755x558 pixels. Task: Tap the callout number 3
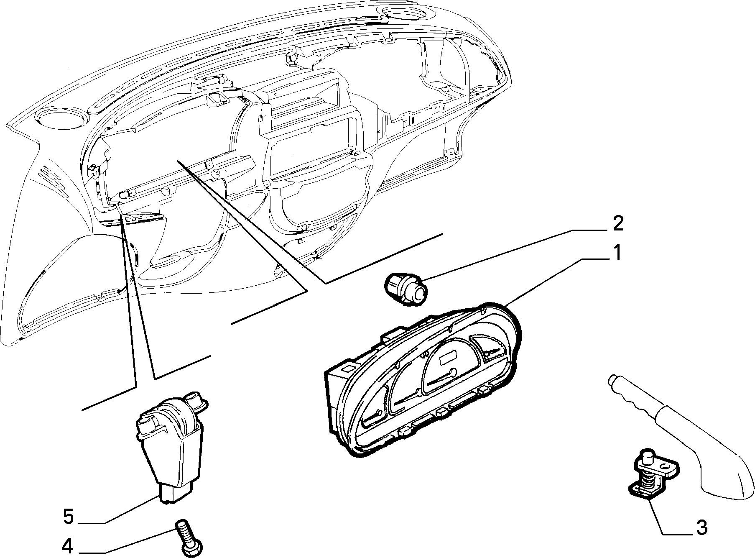pos(701,528)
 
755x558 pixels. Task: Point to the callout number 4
pos(68,546)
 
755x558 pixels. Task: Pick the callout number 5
pos(69,517)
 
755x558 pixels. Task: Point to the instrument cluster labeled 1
pos(422,379)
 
